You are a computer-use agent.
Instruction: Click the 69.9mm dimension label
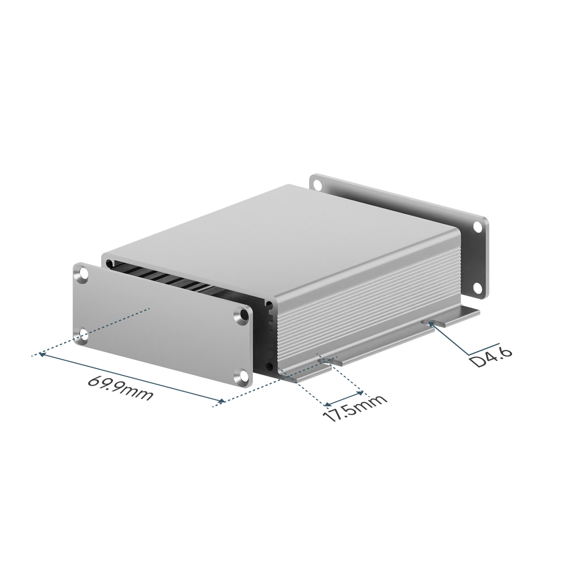point(120,387)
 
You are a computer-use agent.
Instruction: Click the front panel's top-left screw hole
point(84,274)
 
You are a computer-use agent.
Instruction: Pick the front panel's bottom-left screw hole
point(84,336)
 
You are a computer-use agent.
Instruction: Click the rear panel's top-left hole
point(316,185)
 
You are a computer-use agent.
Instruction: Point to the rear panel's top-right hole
point(478,226)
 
